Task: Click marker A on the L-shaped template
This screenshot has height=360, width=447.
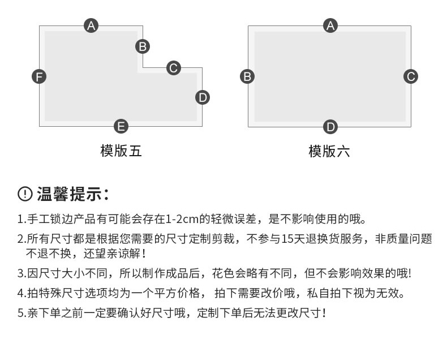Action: (91, 25)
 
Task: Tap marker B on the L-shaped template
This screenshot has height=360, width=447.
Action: (143, 46)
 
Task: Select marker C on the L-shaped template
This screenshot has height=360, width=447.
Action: (174, 68)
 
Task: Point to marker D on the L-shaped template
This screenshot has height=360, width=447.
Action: (203, 97)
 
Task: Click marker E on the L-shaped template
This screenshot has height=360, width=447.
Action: (121, 126)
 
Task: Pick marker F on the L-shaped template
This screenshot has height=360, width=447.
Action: (39, 77)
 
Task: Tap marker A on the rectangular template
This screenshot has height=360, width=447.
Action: (330, 25)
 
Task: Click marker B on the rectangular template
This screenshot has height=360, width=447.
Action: (247, 76)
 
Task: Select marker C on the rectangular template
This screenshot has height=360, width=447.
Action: (411, 76)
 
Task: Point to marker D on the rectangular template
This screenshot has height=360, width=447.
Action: (330, 127)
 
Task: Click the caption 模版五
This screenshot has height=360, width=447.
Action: (121, 151)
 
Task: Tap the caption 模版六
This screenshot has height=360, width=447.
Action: (329, 151)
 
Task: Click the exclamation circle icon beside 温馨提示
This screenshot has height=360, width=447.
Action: (25, 194)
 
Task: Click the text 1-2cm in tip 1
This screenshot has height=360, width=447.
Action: (182, 219)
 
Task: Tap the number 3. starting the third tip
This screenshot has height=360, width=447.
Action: (22, 273)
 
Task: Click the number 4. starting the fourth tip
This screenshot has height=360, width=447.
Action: (22, 293)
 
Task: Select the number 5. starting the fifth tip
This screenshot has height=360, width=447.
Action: (22, 313)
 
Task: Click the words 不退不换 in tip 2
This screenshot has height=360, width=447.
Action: (49, 254)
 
